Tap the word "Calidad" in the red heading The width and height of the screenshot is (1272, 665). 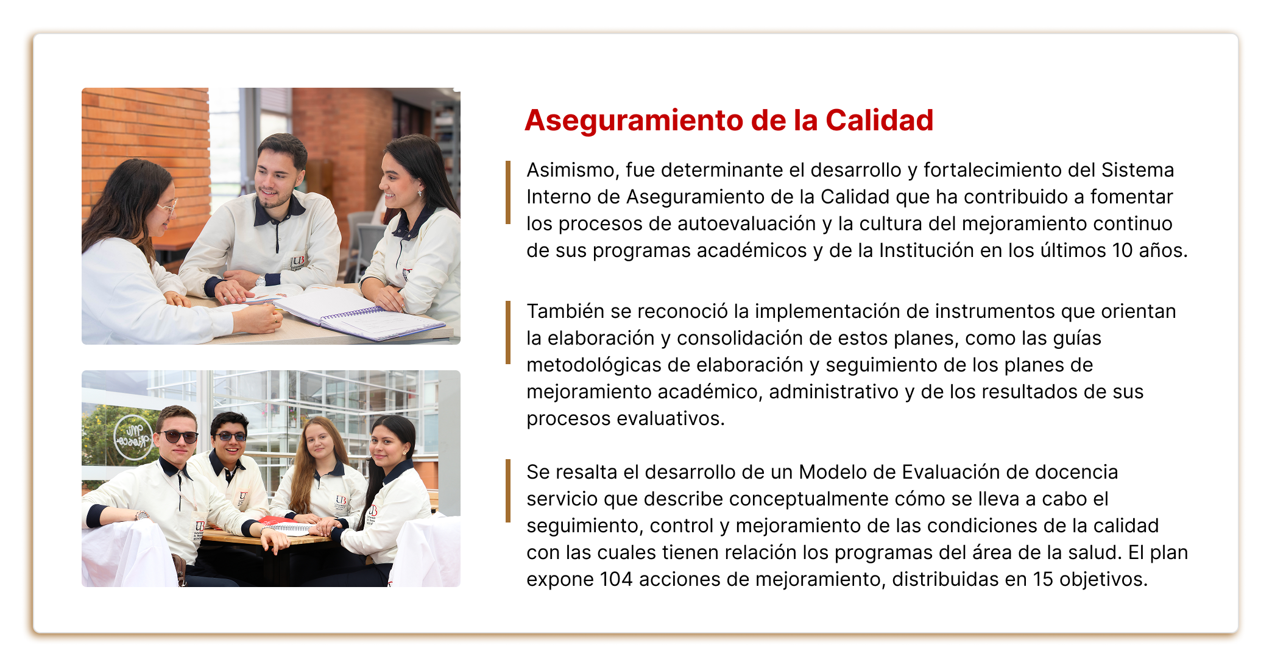tap(879, 121)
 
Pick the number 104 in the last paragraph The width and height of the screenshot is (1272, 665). tap(616, 579)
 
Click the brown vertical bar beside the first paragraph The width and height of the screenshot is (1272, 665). tap(508, 192)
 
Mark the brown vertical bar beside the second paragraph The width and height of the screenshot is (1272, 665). tap(508, 332)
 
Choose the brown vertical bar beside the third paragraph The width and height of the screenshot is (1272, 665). tap(508, 491)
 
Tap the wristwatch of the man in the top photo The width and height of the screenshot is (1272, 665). tap(261, 281)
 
